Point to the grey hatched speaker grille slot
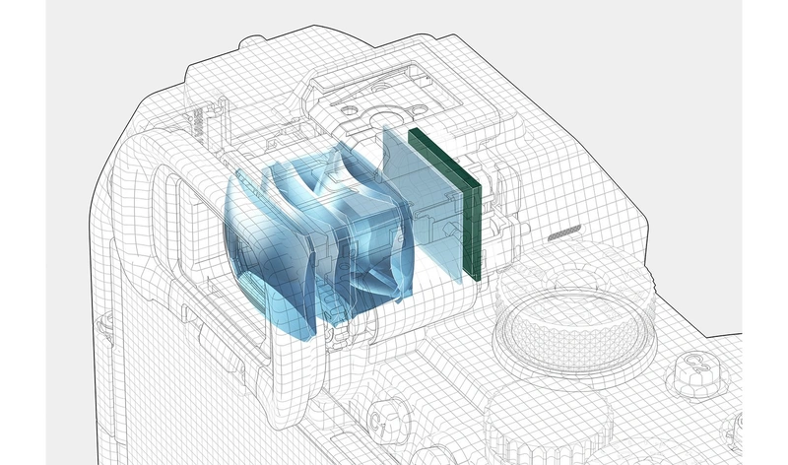(x=563, y=232)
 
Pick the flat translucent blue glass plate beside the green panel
(x=423, y=201)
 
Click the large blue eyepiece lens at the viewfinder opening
(x=266, y=251)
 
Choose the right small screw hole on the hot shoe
(x=418, y=108)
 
